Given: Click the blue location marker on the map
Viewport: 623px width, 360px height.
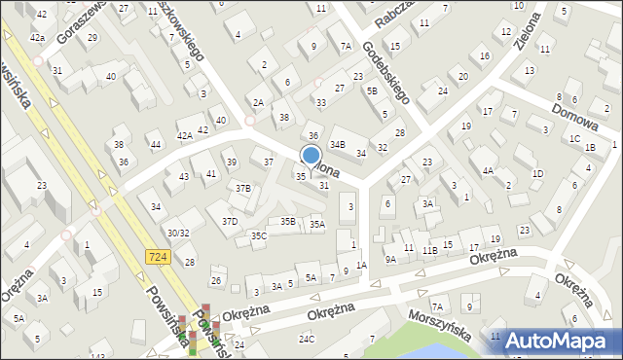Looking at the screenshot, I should pyautogui.click(x=311, y=156).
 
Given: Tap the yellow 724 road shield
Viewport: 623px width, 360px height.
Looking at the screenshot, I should pyautogui.click(x=159, y=256).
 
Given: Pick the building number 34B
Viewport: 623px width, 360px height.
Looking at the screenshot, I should pyautogui.click(x=337, y=144).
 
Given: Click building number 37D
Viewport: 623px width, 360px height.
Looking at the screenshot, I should pyautogui.click(x=229, y=221).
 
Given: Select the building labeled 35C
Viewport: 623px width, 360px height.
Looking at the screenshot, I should pyautogui.click(x=258, y=235).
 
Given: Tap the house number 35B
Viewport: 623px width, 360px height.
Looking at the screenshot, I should pyautogui.click(x=287, y=221).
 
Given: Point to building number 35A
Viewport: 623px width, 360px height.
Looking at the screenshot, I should pyautogui.click(x=316, y=224).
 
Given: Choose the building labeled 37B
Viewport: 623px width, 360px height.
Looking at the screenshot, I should pyautogui.click(x=242, y=188).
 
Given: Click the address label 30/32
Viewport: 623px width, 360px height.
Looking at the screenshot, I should pyautogui.click(x=177, y=233).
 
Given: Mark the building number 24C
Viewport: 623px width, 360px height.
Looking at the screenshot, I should pyautogui.click(x=307, y=339).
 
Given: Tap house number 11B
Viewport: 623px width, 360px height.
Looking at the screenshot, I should pyautogui.click(x=429, y=250).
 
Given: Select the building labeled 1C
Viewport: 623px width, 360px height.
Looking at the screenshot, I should pyautogui.click(x=574, y=139).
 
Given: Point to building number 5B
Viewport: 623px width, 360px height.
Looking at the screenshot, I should pyautogui.click(x=372, y=90).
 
